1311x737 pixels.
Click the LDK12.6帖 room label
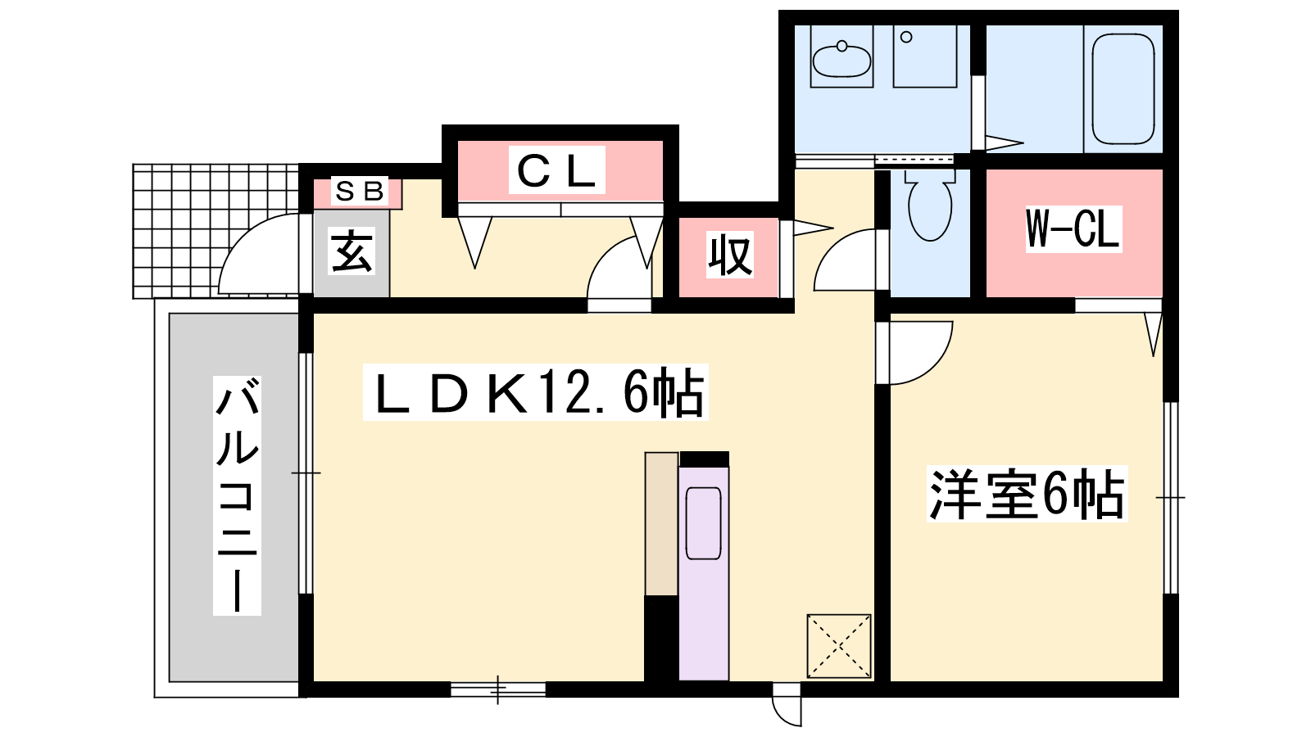coord(536,392)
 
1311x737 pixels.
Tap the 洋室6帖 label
coord(1027,495)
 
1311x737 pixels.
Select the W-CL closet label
coord(1073,229)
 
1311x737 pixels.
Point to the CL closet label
coord(556,170)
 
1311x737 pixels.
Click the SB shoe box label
coord(360,191)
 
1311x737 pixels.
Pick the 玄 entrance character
coord(352,252)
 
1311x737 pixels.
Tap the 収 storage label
coord(730,255)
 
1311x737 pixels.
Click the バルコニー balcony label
coord(237,495)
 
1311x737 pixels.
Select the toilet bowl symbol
coord(929,205)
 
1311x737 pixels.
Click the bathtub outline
coord(1123,88)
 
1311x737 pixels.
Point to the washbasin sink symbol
coord(841,59)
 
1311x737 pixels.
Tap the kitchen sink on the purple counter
coord(703,523)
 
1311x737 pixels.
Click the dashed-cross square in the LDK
coord(839,646)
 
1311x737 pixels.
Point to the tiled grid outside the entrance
coord(215,231)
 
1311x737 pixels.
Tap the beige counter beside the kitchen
coord(661,524)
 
